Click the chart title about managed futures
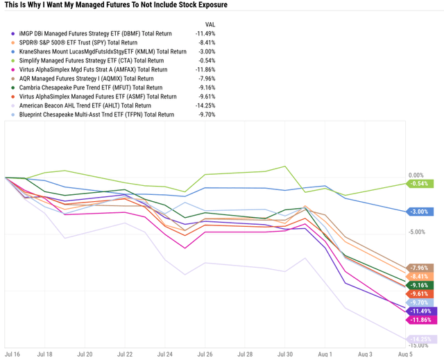[x=115, y=6]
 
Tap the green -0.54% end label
[x=419, y=184]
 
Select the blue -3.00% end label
[x=419, y=212]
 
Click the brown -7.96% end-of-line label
[x=419, y=268]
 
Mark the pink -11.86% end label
[x=419, y=320]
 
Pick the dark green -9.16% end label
[x=419, y=285]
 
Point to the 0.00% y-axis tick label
[x=416, y=175]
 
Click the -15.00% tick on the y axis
[x=418, y=345]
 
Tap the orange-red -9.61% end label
[x=419, y=294]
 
